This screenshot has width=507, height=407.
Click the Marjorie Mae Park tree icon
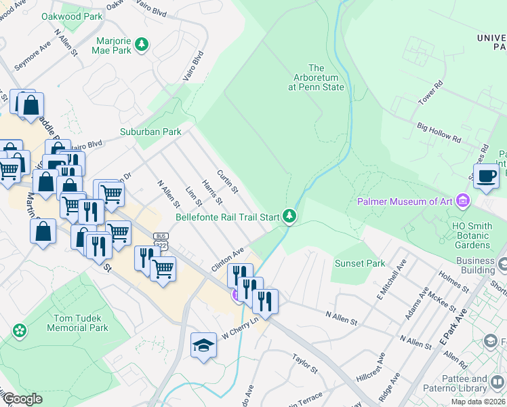coord(141,45)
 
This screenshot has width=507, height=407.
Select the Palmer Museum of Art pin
coord(463,201)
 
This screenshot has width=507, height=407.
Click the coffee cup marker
coord(486,176)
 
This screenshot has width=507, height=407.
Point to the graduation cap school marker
coord(203,346)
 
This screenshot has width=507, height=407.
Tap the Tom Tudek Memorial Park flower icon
coord(20,331)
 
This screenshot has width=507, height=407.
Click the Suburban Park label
coord(150,132)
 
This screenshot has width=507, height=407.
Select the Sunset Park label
coord(360,263)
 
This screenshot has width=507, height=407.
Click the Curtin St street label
coord(227,181)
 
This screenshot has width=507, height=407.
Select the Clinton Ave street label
coord(227,260)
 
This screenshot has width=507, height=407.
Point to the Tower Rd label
coord(430,93)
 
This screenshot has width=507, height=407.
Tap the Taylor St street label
coord(304,364)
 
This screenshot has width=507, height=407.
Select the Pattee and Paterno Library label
coord(478,383)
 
